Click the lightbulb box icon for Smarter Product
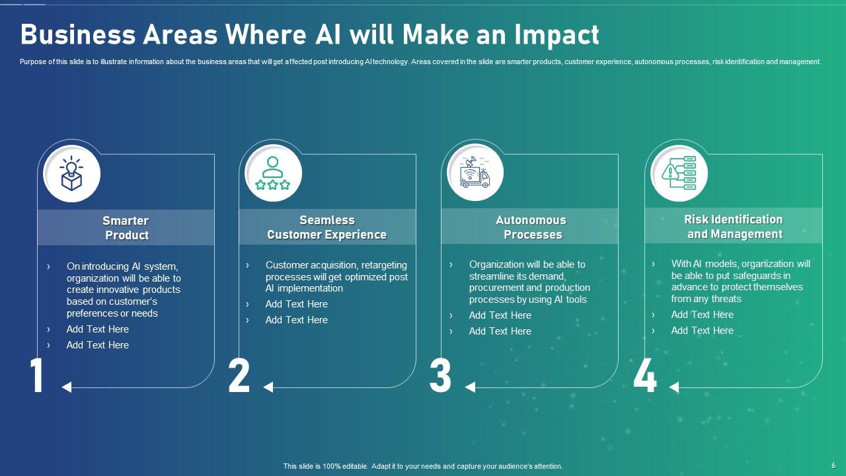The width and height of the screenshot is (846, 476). [71, 175]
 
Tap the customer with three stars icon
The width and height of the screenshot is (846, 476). [273, 174]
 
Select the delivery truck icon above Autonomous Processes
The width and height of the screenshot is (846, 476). [475, 174]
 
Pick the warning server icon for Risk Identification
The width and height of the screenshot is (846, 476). [679, 173]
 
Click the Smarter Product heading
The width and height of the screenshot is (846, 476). [126, 228]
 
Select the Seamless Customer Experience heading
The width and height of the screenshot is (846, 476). [327, 227]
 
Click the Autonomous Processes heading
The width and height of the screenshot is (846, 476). [531, 227]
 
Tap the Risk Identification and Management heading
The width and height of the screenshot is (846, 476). [734, 227]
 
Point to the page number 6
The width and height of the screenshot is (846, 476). [833, 465]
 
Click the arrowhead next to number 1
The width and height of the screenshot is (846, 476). [66, 387]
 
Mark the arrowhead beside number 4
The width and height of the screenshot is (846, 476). [673, 387]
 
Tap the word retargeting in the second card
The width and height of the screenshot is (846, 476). [384, 265]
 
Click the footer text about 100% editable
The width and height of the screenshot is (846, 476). [423, 466]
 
